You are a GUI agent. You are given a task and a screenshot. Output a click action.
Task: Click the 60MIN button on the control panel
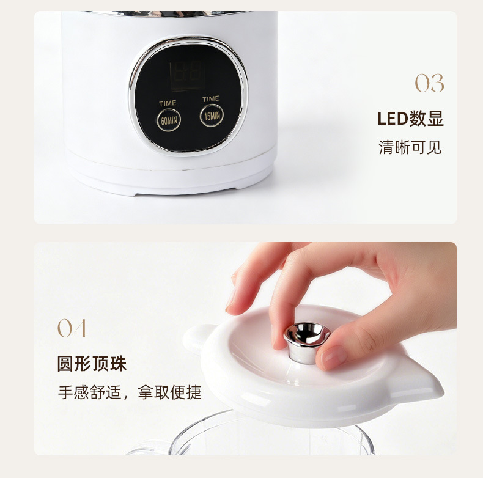pyautogui.click(x=169, y=120)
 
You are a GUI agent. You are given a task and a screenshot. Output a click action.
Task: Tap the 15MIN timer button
pyautogui.click(x=212, y=116)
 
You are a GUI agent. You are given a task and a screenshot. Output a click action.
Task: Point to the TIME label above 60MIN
pyautogui.click(x=168, y=103)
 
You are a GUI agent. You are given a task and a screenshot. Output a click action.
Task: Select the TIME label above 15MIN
pyautogui.click(x=211, y=98)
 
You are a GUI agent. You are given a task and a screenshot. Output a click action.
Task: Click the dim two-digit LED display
pyautogui.click(x=187, y=75)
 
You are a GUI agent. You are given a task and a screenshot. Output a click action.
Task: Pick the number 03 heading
pyautogui.click(x=429, y=83)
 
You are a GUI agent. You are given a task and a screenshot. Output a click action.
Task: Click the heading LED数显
pyautogui.click(x=410, y=119)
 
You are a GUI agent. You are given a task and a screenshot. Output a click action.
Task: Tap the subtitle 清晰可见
pyautogui.click(x=410, y=147)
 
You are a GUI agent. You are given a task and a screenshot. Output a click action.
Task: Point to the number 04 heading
pyautogui.click(x=72, y=328)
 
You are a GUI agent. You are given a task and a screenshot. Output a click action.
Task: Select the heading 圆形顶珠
pyautogui.click(x=92, y=364)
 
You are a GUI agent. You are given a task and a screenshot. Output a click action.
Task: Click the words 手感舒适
pyautogui.click(x=89, y=392)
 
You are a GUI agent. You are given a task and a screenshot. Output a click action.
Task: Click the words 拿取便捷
pyautogui.click(x=169, y=392)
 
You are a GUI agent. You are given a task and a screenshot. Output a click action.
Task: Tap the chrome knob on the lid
pyautogui.click(x=306, y=342)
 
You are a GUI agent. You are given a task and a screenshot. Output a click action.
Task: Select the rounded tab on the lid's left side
pyautogui.click(x=196, y=339)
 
